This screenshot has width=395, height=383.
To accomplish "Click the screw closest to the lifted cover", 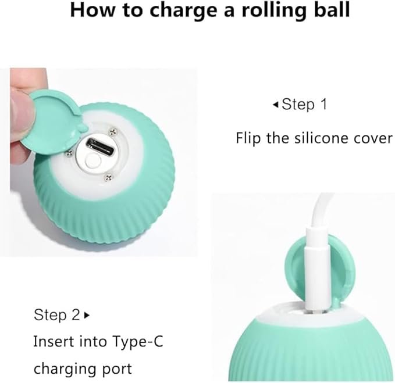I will [70, 153].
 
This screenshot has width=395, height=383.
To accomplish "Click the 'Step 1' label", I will [304, 105].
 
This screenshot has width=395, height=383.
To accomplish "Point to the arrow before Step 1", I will [275, 105].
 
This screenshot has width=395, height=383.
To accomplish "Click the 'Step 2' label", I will [57, 316].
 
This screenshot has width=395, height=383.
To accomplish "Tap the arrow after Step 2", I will [87, 316].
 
